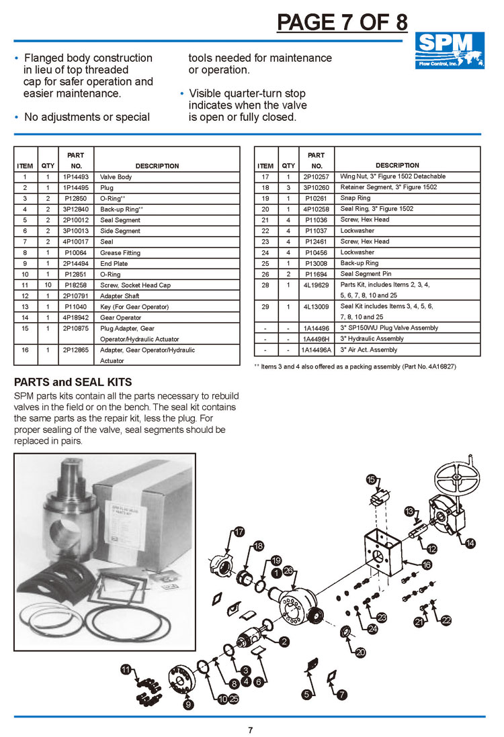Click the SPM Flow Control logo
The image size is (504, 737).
pyautogui.click(x=448, y=51)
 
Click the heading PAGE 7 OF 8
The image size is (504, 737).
pyautogui.click(x=342, y=22)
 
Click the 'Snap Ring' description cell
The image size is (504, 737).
pyautogui.click(x=355, y=198)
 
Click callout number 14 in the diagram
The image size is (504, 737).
pyautogui.click(x=470, y=542)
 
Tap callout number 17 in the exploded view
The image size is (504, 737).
pyautogui.click(x=239, y=532)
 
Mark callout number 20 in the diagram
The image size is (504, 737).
pyautogui.click(x=360, y=652)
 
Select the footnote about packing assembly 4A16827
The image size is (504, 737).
pyautogui.click(x=345, y=366)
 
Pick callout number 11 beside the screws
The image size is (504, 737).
pyautogui.click(x=126, y=669)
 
